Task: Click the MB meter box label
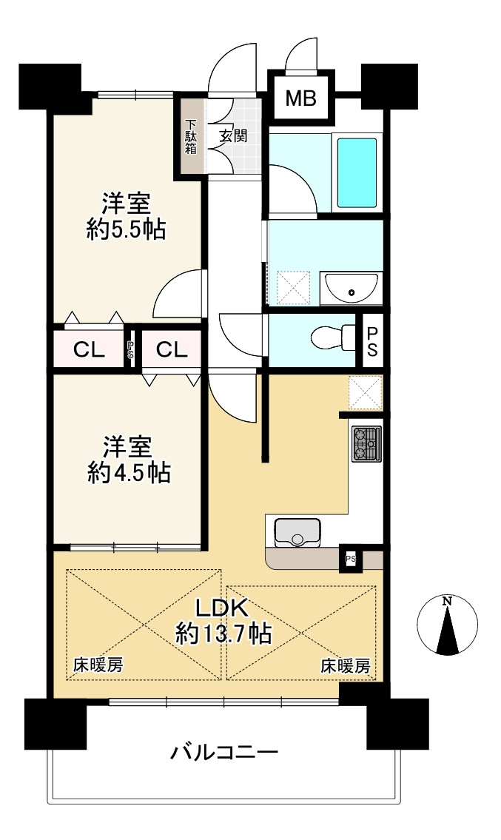[x=300, y=98]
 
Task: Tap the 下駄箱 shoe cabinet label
[x=191, y=137]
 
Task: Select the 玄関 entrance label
[x=233, y=136]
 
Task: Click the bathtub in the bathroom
[x=357, y=173]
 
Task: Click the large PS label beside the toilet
[x=371, y=340]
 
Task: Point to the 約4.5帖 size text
[x=128, y=471]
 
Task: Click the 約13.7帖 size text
[x=223, y=634]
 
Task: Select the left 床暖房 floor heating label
[x=98, y=665]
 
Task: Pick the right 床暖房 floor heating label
[x=345, y=665]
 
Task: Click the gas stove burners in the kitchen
[x=366, y=444]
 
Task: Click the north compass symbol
[x=446, y=625]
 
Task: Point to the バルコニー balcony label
[x=224, y=753]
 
